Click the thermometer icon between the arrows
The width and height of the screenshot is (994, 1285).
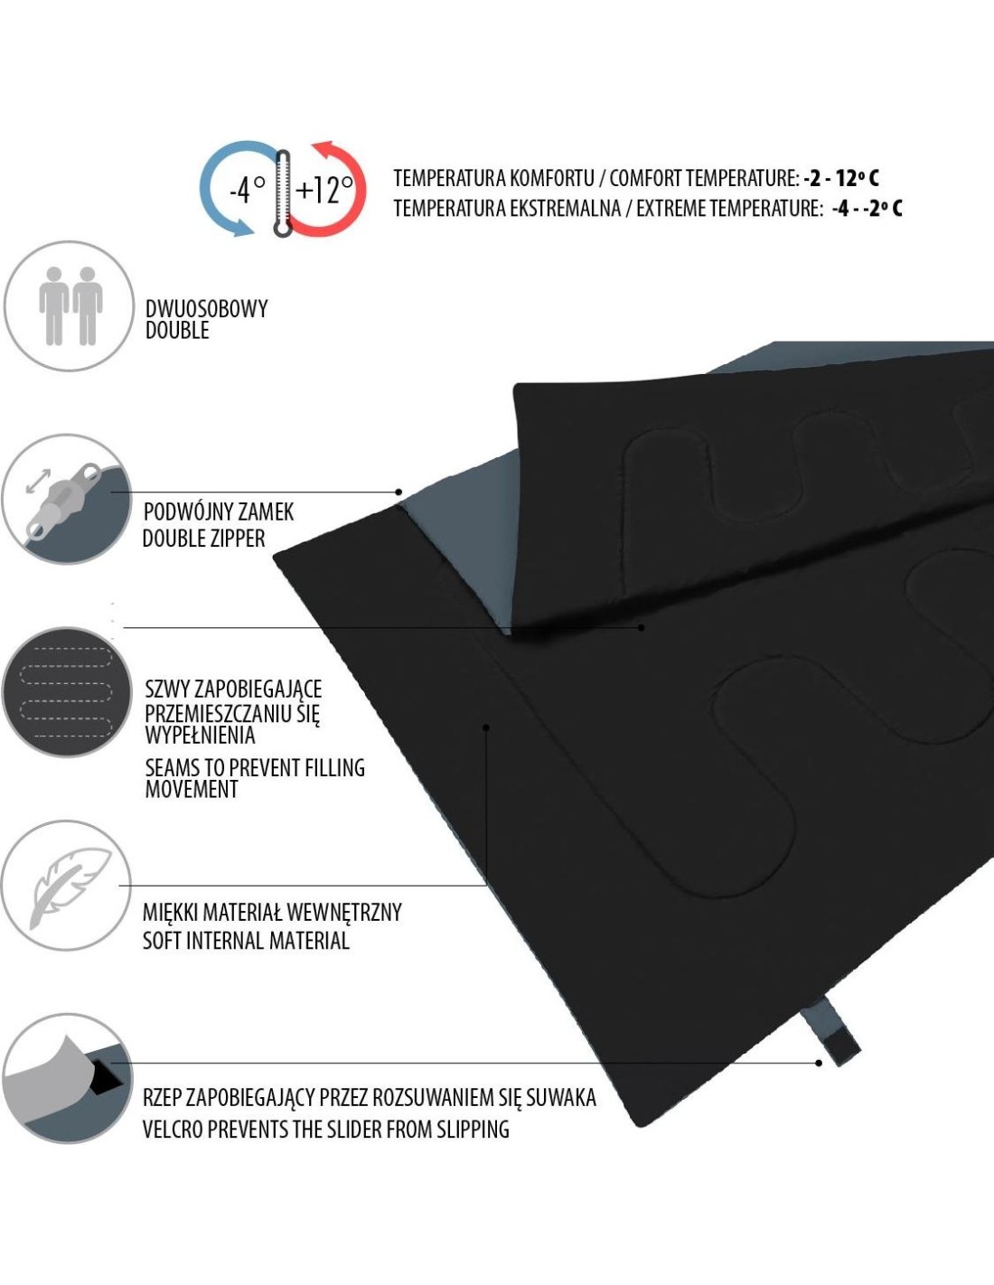coord(283,192)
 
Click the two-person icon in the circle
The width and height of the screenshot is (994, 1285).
coord(70,305)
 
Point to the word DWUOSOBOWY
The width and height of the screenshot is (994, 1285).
coord(206,309)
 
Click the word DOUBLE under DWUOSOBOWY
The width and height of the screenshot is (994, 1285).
coord(177,331)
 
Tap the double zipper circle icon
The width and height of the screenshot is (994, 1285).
coord(66,499)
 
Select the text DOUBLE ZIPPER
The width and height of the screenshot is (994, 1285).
coord(204,539)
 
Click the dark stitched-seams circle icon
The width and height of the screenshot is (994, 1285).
coord(66,692)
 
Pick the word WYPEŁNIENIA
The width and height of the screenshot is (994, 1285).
coord(201,736)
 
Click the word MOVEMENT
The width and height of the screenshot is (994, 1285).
coord(192,790)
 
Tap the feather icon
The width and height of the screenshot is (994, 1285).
coord(70,887)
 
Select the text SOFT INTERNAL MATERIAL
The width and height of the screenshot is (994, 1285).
coord(246,941)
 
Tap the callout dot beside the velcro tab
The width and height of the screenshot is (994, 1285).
coord(819,1064)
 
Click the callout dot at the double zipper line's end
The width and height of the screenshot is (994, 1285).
coord(399,492)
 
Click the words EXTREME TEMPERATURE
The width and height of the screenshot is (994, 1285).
coord(728,208)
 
